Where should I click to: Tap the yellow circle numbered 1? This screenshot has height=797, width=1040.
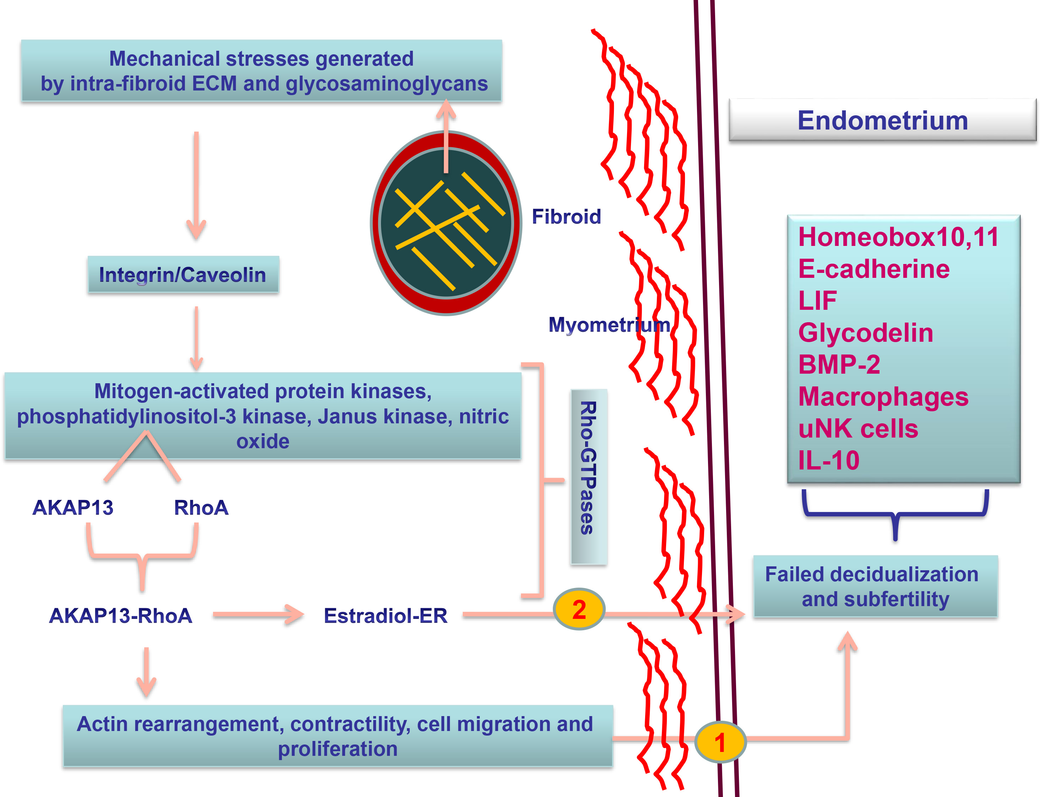pos(720,742)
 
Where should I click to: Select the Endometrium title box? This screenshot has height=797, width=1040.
pos(882,120)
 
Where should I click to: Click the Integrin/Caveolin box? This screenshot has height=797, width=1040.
pos(183,275)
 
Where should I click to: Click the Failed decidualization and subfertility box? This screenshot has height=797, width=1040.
pos(875,586)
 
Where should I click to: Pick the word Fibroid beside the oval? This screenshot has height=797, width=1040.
pos(566,216)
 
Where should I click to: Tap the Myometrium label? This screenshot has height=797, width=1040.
pos(609,324)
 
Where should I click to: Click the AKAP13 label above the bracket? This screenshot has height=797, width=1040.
pos(73,507)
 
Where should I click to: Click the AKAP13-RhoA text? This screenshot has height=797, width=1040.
pos(121,615)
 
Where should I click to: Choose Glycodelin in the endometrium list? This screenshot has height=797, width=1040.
pos(865,332)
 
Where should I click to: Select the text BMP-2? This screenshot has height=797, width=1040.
pos(839,364)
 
